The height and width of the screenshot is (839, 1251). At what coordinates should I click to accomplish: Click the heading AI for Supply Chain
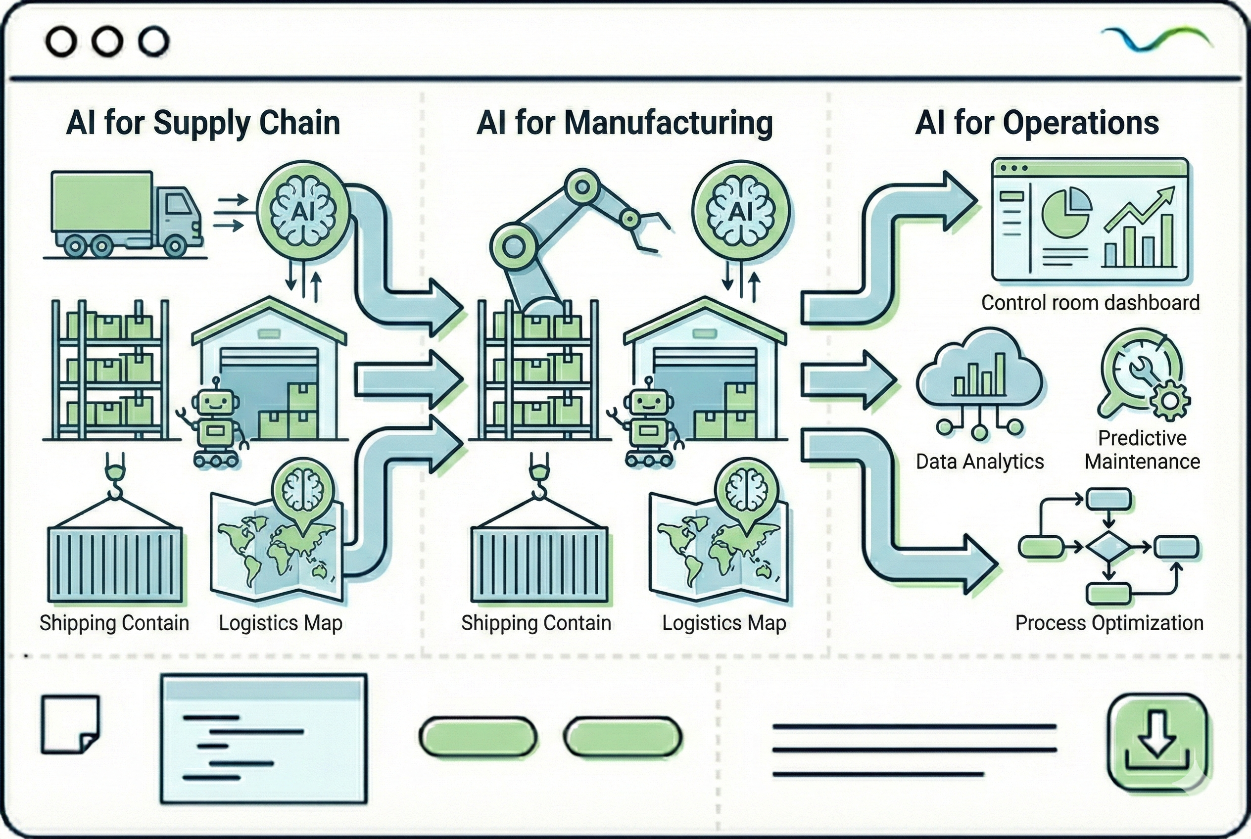(x=203, y=123)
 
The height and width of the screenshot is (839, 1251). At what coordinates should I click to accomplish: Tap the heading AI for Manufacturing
(x=624, y=123)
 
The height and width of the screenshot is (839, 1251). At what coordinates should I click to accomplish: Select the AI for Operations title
(x=1037, y=123)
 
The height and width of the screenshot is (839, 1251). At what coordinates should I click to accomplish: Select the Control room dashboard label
(x=1090, y=303)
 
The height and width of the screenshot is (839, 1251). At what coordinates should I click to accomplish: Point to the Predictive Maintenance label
(x=1142, y=450)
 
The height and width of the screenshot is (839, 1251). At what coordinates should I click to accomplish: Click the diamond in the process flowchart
(x=1108, y=547)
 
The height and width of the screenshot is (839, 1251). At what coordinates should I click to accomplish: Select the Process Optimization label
(x=1109, y=623)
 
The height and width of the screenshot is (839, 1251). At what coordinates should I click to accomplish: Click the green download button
(x=1157, y=742)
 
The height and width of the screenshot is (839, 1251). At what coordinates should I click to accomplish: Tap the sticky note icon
(x=70, y=724)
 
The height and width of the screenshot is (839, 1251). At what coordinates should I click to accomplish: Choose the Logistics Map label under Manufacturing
(x=723, y=623)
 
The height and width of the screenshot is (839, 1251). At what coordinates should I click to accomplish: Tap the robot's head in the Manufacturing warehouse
(x=649, y=401)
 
